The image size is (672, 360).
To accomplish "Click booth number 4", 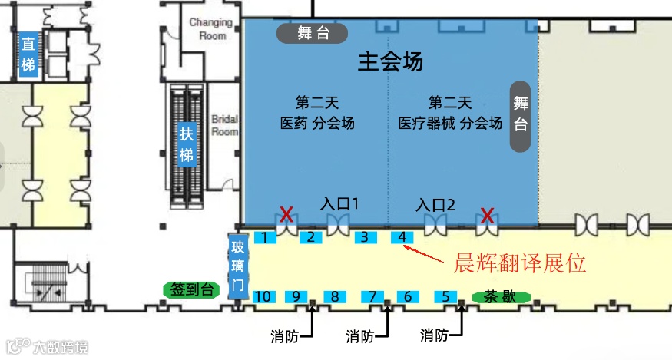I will coord(402,237).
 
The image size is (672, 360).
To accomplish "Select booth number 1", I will coord(264,237).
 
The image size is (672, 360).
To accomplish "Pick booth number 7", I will coord(372,296).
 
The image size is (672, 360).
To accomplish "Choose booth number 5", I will coord(445,296).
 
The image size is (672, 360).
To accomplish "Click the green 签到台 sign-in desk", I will coord(191,289).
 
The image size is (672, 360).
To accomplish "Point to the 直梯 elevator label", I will coord(28,54).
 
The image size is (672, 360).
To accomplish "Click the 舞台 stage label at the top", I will coord(313,33).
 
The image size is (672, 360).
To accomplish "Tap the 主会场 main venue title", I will coord(390,61).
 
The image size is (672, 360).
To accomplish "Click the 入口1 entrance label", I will coord(340,204).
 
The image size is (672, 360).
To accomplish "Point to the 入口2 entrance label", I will coord(436,205).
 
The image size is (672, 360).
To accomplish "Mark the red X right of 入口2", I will coord(487,214).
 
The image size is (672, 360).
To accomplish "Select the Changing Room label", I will coord(210,29).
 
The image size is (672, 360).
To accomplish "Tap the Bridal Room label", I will coord(224,125).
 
